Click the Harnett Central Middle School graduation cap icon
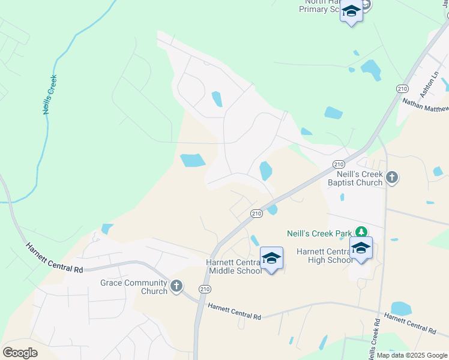[271, 258]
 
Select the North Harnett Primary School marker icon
[351, 11]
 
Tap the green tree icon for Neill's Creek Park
[361, 232]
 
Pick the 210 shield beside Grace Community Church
[205, 289]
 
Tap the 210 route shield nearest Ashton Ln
[402, 88]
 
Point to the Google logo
[20, 353]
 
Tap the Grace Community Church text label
[133, 287]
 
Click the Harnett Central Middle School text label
[234, 266]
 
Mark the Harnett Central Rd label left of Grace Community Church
[54, 257]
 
